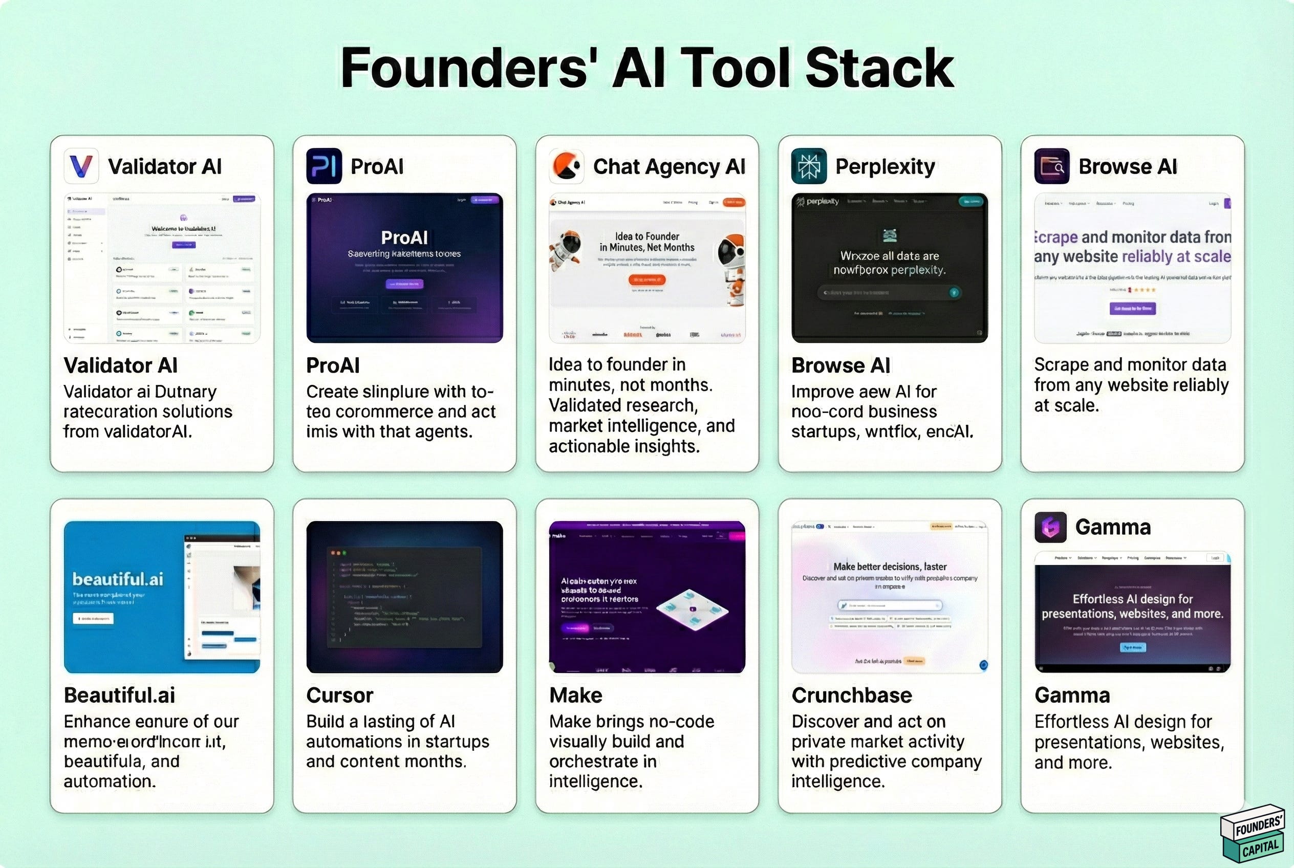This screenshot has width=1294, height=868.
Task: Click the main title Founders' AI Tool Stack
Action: pos(646,68)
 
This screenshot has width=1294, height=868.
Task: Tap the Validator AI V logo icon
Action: pos(81,166)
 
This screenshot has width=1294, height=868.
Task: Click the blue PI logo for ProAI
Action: pos(324,166)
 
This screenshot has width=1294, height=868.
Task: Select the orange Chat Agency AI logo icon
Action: pos(567,166)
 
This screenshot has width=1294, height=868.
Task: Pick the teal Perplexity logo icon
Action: pos(808,166)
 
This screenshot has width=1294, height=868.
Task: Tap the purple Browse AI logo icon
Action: pos(1051,166)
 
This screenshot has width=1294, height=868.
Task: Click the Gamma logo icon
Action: pos(1050,527)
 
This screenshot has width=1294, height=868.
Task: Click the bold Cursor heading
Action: pos(340,696)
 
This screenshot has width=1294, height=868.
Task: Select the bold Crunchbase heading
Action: pos(852,696)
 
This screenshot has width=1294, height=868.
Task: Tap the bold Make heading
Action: pos(576,696)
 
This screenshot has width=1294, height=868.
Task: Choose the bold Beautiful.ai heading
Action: pos(120,696)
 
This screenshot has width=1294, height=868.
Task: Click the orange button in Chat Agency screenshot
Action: pos(646,279)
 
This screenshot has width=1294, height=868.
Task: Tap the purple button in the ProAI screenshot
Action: pos(404,284)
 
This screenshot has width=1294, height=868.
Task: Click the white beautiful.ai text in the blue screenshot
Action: pos(118,579)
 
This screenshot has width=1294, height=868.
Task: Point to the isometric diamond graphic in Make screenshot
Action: pos(692,609)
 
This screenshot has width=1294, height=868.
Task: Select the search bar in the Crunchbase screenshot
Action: pos(890,605)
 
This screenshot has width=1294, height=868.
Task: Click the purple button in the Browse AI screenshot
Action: pos(1132,308)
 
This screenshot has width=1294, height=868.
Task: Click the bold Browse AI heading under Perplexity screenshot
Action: pos(840,365)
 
